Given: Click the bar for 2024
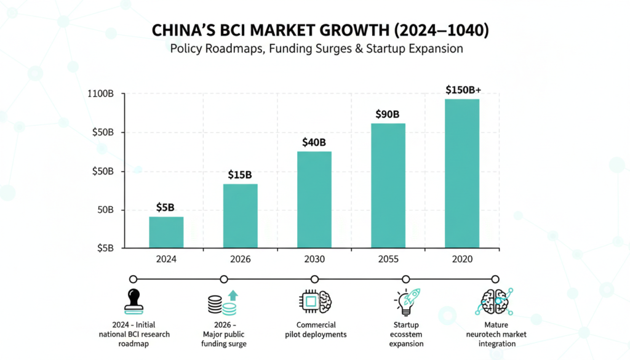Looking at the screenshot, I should (166, 233).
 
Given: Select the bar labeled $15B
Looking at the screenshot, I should (240, 216).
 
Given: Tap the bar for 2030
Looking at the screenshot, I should (314, 200).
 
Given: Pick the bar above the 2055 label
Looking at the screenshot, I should (388, 186).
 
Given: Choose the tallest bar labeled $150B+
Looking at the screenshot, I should (461, 174).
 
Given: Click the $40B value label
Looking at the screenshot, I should (314, 142).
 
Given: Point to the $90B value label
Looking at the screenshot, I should (388, 114).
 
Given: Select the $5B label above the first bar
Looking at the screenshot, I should (165, 207).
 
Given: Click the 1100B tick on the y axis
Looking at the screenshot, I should (102, 94).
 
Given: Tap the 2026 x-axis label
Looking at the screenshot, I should (240, 259).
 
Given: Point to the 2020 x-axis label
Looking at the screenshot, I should (461, 259).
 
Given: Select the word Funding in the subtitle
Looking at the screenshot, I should (292, 48).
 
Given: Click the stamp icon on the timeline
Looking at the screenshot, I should (134, 302).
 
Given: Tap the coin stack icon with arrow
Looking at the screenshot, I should (223, 302).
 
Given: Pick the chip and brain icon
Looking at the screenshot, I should (316, 302).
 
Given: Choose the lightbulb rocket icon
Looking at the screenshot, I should (406, 302).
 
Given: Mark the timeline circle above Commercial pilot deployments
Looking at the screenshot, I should (315, 279).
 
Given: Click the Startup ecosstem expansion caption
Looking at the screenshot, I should (406, 334).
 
